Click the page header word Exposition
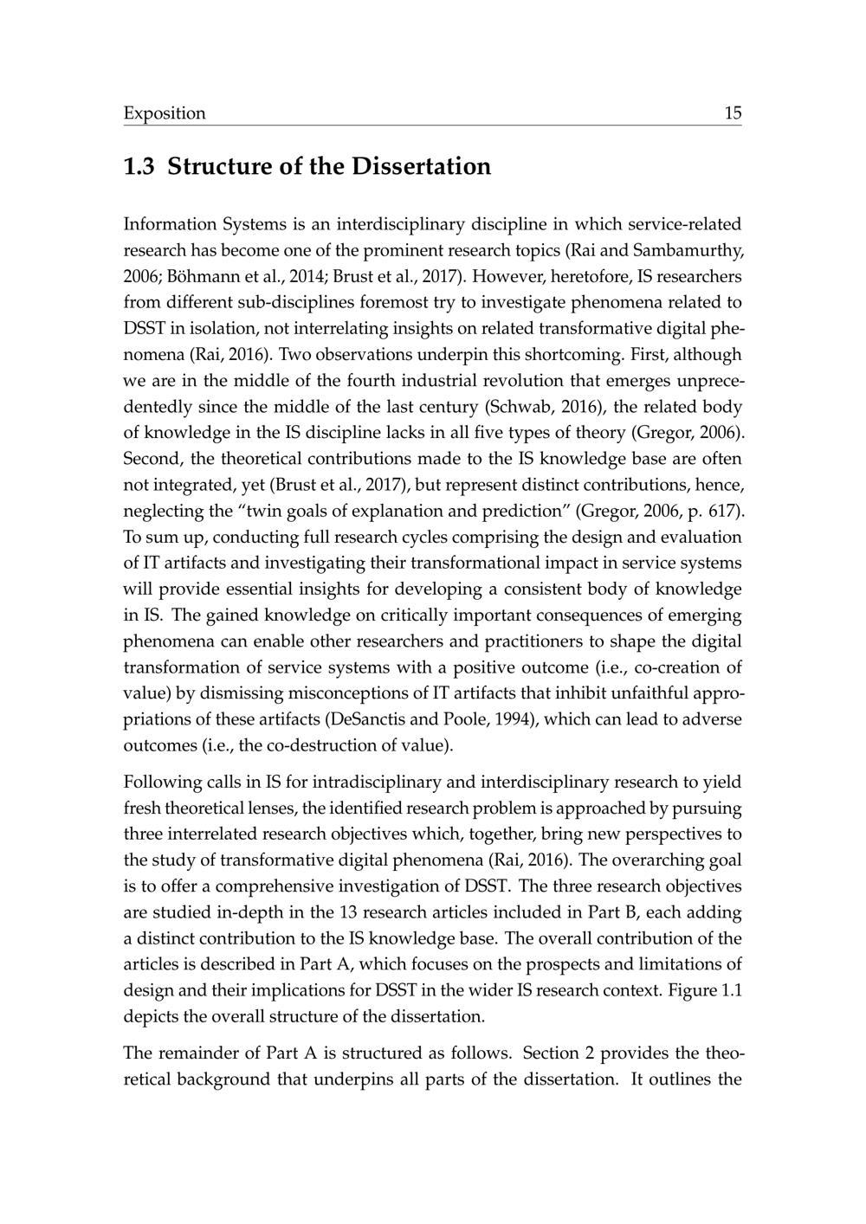[165, 113]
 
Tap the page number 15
[733, 113]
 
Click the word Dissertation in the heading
[421, 166]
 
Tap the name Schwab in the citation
[515, 407]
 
